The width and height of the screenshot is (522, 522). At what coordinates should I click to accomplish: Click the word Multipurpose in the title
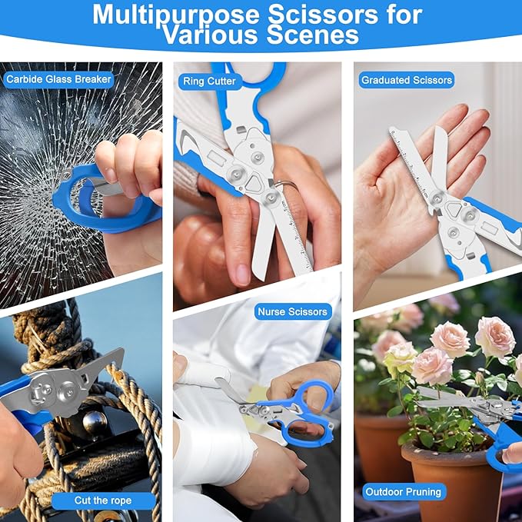176,15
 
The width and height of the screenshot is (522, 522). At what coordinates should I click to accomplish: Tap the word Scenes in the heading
313,35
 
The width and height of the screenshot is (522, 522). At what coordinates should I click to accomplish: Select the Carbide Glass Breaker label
58,79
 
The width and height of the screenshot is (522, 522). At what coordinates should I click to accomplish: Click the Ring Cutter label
209,81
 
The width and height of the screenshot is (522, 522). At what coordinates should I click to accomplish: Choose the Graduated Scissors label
407,80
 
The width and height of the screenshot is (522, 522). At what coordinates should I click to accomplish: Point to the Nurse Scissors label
293,311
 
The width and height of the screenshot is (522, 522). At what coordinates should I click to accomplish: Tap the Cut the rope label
103,500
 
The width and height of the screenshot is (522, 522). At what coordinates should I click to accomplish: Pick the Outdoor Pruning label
403,492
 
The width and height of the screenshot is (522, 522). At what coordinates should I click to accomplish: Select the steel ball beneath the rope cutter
95,421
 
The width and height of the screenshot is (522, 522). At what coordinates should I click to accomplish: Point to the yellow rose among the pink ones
400,360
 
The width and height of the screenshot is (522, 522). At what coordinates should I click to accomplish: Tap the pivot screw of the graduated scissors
437,197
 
